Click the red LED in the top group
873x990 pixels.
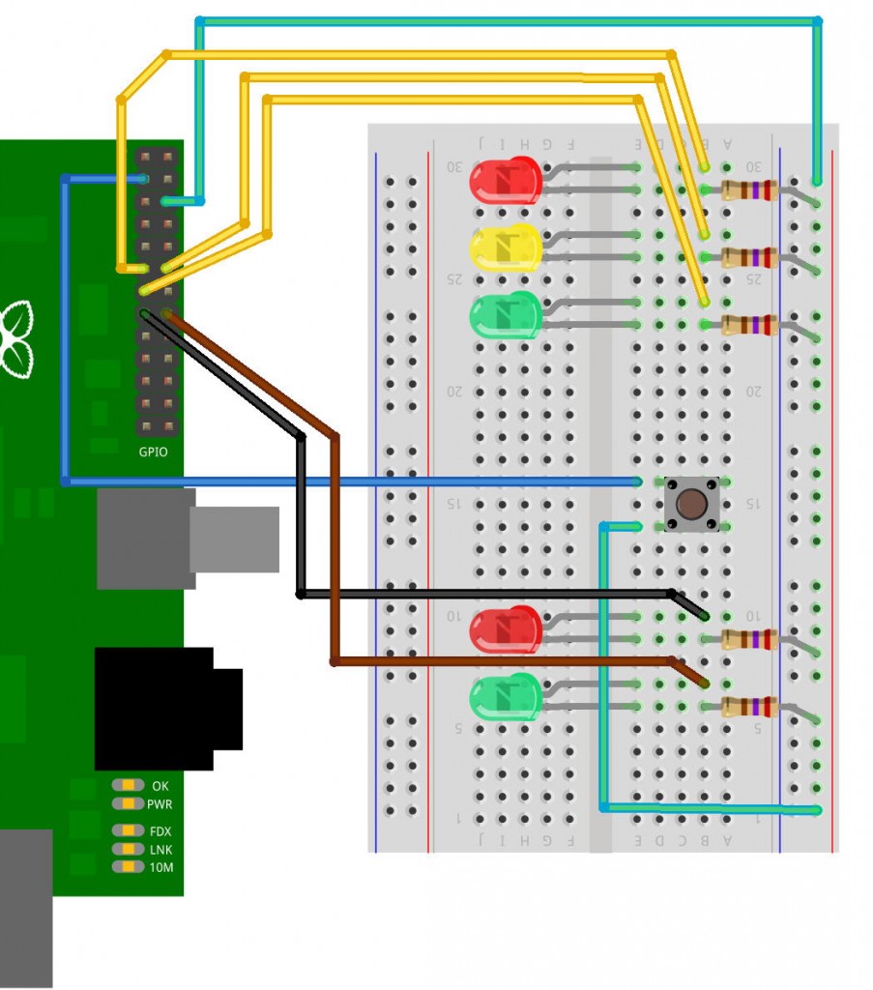[x=505, y=181]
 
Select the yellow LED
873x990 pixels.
[x=505, y=247]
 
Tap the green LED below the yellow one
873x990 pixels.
[x=505, y=315]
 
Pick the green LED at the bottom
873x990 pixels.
[x=505, y=697]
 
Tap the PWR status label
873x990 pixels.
[x=160, y=804]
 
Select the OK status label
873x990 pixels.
[x=160, y=786]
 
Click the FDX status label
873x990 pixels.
[x=160, y=831]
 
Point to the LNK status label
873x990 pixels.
[x=160, y=849]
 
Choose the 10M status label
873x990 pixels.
[x=160, y=867]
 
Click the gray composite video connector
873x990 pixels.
[x=184, y=538]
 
